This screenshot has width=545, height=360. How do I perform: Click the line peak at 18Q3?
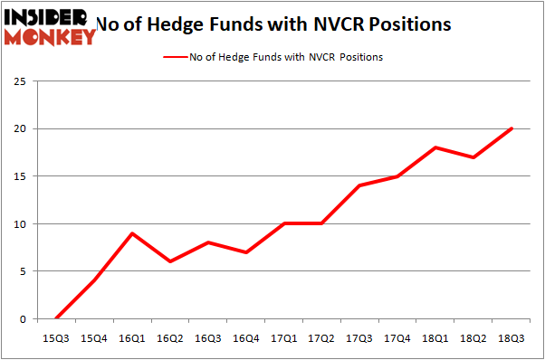tap(512, 128)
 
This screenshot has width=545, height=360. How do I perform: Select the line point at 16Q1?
tap(132, 233)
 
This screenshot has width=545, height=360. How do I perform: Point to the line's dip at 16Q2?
tap(170, 261)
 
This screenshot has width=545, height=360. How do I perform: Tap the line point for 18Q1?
tap(435, 147)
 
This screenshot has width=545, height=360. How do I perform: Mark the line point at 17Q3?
tap(360, 185)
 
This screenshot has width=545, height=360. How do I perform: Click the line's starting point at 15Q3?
tap(56, 318)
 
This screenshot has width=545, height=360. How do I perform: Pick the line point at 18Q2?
tap(473, 157)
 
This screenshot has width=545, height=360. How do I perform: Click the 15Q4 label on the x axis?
tap(94, 337)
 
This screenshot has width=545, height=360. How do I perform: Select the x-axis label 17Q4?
tap(397, 337)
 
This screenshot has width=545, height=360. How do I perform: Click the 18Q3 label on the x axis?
tap(512, 337)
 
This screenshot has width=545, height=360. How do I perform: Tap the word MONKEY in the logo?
tap(51, 36)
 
